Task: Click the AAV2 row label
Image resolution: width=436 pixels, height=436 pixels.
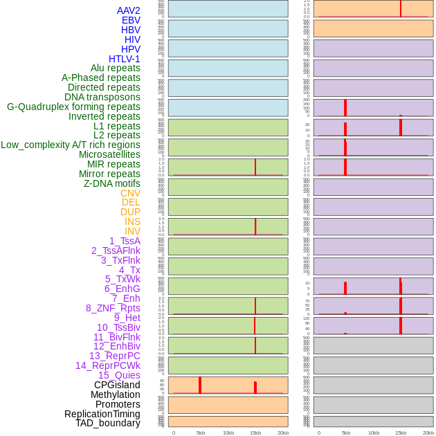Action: pos(129,10)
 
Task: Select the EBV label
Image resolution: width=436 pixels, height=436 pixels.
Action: pos(131,20)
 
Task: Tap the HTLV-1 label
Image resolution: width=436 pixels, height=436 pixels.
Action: pos(125,59)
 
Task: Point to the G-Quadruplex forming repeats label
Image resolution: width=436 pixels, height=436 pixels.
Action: pos(73,107)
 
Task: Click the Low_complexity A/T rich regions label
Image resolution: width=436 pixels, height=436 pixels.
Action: pos(71,145)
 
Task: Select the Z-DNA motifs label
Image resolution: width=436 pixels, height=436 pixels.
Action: pos(112,183)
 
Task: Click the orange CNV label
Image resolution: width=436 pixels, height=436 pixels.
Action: pos(130,193)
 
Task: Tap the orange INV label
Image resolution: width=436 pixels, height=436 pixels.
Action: pos(132,231)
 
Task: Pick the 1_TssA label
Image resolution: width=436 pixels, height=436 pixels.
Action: pos(125,241)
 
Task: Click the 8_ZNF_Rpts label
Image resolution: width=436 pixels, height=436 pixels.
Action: pos(113,308)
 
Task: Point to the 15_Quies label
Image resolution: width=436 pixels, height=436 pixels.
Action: pos(119,375)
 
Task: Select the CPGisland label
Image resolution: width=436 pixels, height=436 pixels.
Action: pos(117,385)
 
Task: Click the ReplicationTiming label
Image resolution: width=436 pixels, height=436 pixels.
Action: pos(102,414)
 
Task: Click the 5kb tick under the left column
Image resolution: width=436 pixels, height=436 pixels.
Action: pos(201,433)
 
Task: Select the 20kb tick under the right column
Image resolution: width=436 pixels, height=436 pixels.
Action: pos(428,433)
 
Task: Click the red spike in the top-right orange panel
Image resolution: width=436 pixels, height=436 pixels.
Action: pos(401,8)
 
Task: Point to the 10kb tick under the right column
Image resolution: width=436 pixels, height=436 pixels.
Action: pos(374,433)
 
